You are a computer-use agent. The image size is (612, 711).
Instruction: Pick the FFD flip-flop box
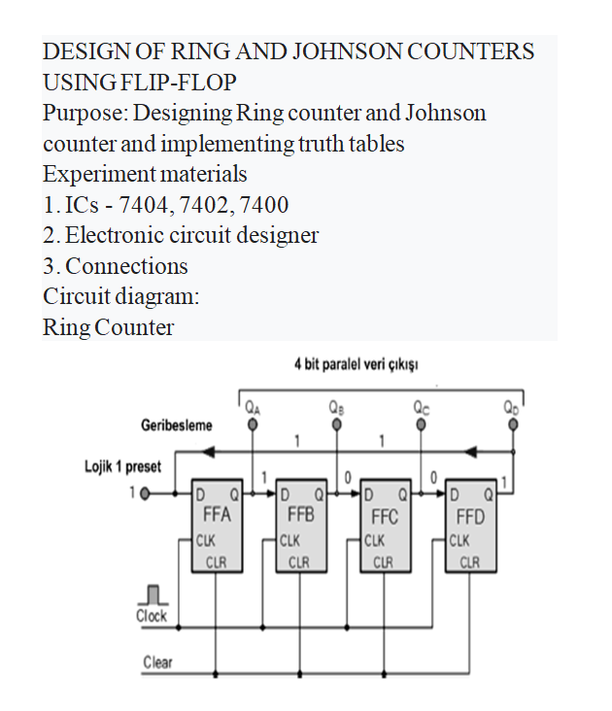pos(469,524)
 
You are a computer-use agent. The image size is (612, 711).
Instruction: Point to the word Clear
pos(157,662)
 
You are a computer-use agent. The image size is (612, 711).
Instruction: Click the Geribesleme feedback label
pos(177,425)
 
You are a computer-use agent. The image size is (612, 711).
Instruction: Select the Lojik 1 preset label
pos(121,467)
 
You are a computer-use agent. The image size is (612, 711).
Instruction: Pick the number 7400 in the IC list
pos(261,205)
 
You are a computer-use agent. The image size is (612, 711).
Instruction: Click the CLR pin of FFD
pos(469,560)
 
